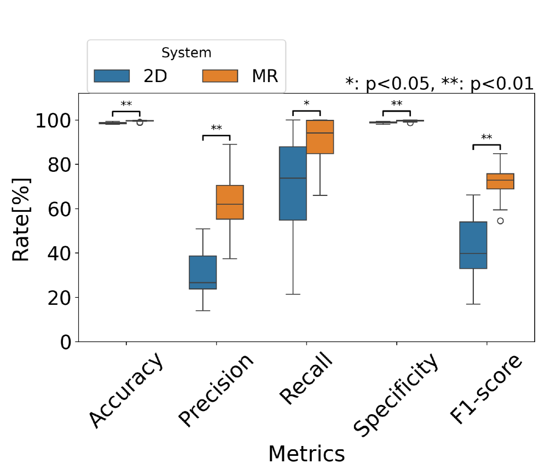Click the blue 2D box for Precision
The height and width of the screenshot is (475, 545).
(203, 272)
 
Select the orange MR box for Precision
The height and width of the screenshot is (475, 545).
(230, 202)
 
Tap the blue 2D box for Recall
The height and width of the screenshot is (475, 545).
(293, 183)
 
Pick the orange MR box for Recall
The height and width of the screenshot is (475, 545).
(320, 137)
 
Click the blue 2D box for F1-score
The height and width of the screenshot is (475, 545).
(473, 245)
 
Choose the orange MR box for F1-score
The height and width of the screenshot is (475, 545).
(500, 181)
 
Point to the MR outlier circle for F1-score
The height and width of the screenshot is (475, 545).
(500, 221)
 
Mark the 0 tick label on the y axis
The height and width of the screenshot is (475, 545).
(65, 342)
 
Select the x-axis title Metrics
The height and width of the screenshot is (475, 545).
(306, 455)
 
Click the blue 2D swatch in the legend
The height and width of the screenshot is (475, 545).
(112, 76)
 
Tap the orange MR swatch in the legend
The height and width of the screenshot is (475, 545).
(220, 76)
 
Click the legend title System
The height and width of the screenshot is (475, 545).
(186, 53)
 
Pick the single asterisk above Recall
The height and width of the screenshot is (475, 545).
(306, 103)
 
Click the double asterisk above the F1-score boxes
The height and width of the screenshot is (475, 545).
(486, 137)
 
